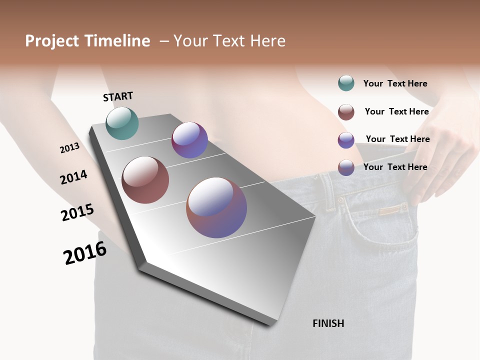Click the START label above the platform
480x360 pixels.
[x=118, y=96]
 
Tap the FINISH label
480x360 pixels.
[x=328, y=323]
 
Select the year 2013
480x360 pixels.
[x=70, y=148]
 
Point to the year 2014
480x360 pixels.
[x=73, y=177]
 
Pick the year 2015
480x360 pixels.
[x=77, y=212]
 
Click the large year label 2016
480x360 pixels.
[x=85, y=253]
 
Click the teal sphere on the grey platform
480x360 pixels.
[x=122, y=123]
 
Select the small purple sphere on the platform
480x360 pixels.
[x=189, y=140]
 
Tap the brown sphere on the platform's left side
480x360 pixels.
[x=145, y=180]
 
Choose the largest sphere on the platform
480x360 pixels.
[x=216, y=207]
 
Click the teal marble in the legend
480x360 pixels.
[x=346, y=83]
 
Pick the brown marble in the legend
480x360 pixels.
[x=346, y=112]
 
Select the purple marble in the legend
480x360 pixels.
[x=346, y=140]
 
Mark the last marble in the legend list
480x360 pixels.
[x=346, y=167]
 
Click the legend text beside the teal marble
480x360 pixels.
[x=395, y=83]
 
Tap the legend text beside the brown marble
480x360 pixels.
[x=396, y=111]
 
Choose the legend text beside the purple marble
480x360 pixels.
[x=397, y=139]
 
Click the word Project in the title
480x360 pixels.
[x=52, y=41]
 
